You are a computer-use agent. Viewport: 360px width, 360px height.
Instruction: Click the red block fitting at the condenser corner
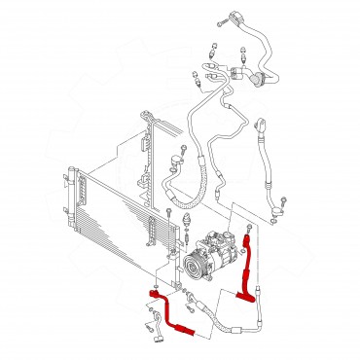click(154, 291)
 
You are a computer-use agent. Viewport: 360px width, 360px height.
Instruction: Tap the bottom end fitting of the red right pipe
click(259, 302)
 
